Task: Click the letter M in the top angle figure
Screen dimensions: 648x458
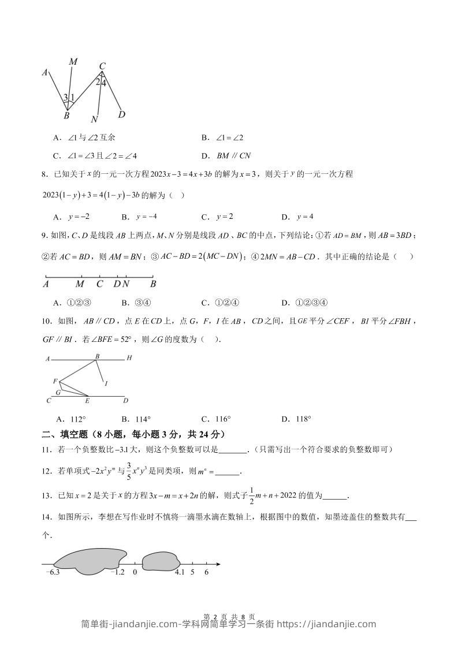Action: point(73,61)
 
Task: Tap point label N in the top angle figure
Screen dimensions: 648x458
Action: point(95,120)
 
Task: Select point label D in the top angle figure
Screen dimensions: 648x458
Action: point(122,114)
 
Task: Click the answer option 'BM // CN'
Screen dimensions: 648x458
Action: point(234,155)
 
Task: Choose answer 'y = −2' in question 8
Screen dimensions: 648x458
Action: point(79,217)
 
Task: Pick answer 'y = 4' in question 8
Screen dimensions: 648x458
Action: point(304,217)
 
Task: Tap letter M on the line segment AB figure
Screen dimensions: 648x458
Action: point(80,284)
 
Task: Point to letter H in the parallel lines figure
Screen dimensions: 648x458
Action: point(129,358)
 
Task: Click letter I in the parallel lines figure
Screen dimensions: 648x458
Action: point(106,383)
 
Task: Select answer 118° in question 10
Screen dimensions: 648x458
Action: point(303,419)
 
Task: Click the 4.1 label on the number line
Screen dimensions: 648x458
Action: point(179,572)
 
